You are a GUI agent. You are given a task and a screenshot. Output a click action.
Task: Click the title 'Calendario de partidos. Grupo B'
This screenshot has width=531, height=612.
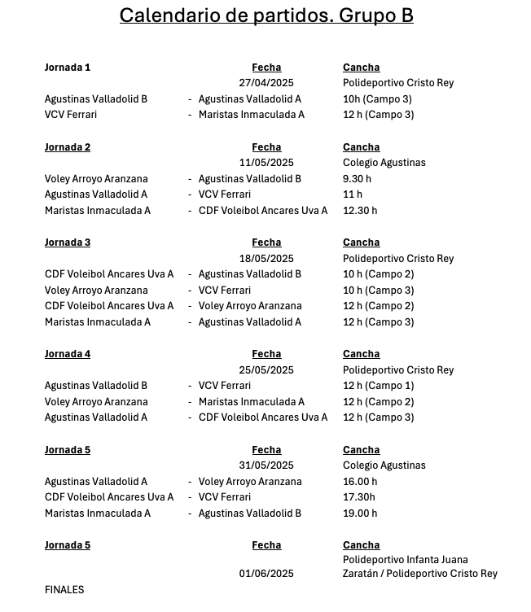[x=265, y=15]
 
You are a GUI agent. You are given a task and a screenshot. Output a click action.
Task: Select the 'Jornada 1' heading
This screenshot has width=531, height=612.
[x=68, y=68]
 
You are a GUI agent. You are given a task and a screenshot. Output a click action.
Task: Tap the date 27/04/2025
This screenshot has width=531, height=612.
[x=266, y=83]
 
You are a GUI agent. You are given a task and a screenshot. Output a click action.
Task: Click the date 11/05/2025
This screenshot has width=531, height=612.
[x=266, y=163]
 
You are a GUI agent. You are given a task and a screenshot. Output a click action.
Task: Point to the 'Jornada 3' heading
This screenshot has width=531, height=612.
[x=68, y=243]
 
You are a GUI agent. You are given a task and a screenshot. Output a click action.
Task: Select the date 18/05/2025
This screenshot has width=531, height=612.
[x=266, y=259]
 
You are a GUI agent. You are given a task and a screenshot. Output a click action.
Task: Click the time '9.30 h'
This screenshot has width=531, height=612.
[x=357, y=179]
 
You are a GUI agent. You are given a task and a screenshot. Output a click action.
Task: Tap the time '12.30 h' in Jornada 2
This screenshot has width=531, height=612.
[x=360, y=211]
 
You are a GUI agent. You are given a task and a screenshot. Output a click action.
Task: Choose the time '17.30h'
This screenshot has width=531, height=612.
[x=359, y=497]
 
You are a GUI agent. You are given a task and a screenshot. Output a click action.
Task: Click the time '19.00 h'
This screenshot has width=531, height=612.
[x=360, y=514]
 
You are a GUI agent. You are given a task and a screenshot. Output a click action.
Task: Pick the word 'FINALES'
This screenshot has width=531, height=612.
[x=64, y=590]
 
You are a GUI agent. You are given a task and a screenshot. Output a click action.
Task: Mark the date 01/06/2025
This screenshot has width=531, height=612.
[x=266, y=574]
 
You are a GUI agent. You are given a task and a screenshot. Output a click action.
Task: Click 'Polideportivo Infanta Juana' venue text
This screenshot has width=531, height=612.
[x=406, y=560]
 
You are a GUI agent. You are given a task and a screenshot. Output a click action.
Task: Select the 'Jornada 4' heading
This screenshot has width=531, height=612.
[x=68, y=354]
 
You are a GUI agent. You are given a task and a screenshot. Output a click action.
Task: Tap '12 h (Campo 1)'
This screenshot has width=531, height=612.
[x=379, y=386]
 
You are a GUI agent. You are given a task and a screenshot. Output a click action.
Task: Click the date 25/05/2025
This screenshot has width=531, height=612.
[x=266, y=370]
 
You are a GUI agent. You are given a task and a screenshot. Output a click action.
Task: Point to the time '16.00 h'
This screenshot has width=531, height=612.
[x=360, y=482]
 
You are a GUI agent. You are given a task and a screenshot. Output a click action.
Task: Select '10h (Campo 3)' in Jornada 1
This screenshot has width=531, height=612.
[x=377, y=99]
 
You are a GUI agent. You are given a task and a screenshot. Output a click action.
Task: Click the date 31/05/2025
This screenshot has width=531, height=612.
[x=266, y=466]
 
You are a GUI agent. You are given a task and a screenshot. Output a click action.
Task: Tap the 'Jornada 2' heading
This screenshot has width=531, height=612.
[x=68, y=147]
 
